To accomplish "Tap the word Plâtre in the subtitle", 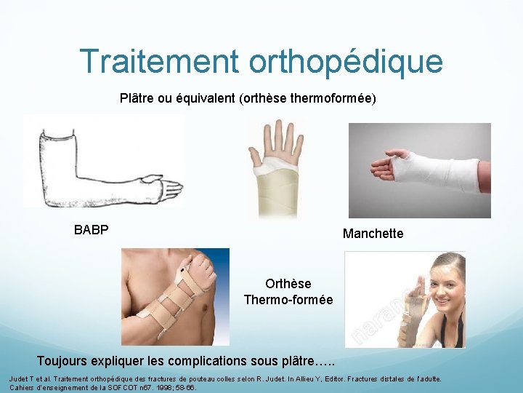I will point(138,97).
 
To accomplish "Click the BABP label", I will point(91,230).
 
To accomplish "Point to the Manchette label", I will point(373,234).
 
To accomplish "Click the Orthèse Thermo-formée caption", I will point(288,292).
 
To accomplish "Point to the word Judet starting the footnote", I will point(19,379).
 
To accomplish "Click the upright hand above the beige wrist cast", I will point(276,142).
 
